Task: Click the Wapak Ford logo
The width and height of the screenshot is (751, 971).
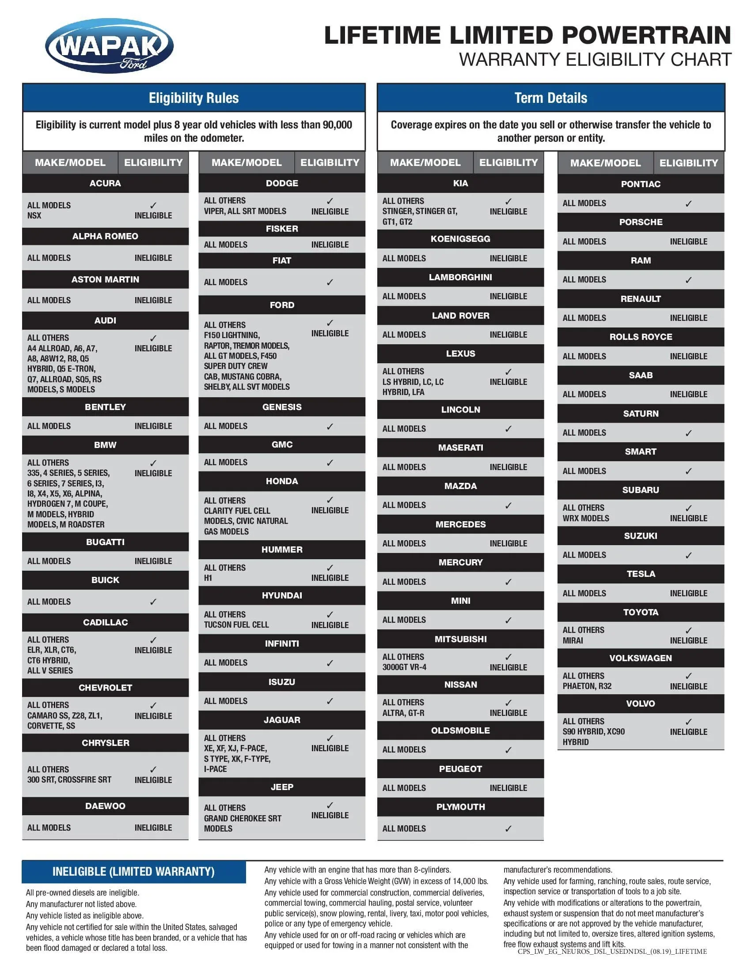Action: point(109,46)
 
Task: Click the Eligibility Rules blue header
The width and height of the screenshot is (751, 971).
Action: point(193,98)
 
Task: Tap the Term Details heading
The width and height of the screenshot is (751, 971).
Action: point(550,98)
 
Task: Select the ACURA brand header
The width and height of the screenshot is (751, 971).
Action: point(105,183)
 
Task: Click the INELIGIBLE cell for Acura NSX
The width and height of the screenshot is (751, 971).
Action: point(153,216)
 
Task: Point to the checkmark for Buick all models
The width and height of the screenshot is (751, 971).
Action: point(153,602)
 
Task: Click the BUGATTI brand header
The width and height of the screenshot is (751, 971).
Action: point(105,542)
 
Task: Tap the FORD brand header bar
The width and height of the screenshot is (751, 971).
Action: point(282,305)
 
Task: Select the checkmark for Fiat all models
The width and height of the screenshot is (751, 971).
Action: point(330,282)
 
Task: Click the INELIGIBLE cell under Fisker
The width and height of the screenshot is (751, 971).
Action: point(330,245)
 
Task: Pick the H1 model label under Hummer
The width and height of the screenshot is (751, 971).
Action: point(208,578)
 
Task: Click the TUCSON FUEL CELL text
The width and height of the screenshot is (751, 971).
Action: point(236,625)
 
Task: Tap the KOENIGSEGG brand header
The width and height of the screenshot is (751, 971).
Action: point(460,239)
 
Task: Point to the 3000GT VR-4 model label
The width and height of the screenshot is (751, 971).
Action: point(404,667)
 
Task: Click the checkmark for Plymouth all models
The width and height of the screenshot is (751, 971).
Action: point(508,829)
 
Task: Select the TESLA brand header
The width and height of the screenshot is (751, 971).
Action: point(640,574)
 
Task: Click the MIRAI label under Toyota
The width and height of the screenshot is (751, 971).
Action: point(573,641)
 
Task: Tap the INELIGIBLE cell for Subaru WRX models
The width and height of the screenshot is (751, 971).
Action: point(688,519)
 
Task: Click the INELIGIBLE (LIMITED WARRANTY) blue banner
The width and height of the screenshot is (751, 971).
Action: point(133,872)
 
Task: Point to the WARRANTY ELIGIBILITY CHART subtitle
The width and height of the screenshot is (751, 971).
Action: point(595,60)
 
